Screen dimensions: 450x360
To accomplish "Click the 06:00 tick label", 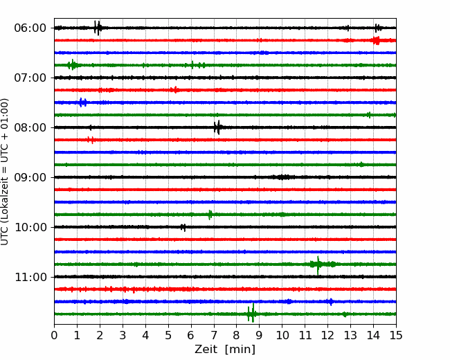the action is pos(30,28).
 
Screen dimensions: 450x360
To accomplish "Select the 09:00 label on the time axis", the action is pos(30,177).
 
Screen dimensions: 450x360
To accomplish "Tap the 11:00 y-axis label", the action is pos(30,278).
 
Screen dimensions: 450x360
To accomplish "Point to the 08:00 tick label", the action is pos(30,128).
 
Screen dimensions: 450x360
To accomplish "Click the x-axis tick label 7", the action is pos(213,335).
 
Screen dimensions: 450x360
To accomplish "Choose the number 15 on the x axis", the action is pos(396,335).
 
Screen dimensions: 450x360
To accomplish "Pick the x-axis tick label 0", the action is pos(54,335).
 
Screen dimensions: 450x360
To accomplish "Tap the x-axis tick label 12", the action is pos(327,335).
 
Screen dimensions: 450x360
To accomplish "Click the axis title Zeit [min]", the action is pos(225,350).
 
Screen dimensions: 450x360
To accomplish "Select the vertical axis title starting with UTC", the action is pos(4,172).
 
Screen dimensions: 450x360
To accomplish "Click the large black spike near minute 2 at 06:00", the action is pos(98,28).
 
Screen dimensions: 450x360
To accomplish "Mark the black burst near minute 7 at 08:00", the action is pos(217,127).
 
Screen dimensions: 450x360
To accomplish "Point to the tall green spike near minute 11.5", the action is pos(318,265).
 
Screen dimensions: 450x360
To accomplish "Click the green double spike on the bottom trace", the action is pos(251,313).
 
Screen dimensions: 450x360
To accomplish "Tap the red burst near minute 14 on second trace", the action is pos(376,40).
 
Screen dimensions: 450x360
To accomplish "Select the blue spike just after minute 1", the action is pos(82,102).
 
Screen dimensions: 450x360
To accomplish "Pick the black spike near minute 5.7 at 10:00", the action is pos(183,227).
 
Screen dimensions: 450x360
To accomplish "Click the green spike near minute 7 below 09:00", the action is pos(210,215).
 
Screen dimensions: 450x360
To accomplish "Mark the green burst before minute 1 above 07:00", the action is pos(72,65).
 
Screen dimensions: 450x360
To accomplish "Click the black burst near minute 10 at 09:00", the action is pos(282,177).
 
